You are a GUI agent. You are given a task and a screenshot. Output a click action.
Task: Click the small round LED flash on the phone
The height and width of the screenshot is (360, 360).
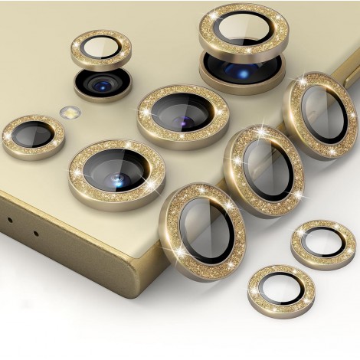click(70, 112)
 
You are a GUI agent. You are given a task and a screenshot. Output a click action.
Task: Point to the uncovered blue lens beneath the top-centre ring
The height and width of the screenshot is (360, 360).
click(243, 70)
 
